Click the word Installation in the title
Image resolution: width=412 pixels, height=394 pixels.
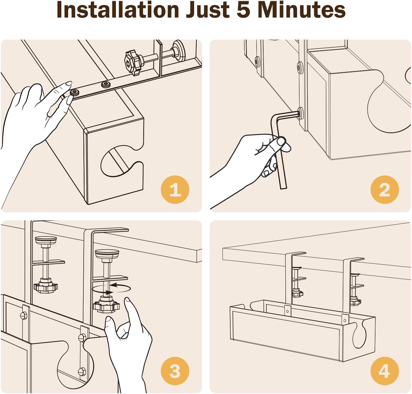118,10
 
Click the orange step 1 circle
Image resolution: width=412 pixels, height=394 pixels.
175,189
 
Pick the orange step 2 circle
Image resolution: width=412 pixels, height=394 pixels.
385,189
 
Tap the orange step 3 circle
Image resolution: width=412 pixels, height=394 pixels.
175,371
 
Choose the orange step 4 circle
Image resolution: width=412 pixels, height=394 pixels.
385,371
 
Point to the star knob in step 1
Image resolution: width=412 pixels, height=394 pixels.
132,63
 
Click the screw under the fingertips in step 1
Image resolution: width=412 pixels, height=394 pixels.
75,93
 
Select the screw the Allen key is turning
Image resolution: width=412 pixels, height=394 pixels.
300,113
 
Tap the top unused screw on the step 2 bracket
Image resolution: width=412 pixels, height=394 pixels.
300,67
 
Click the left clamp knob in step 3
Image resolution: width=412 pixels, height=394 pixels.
46,287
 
